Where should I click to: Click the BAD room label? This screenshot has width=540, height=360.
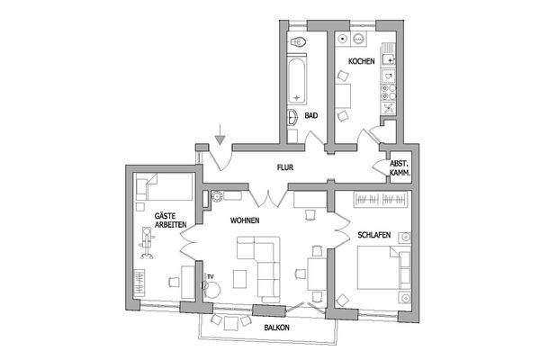click(x=310, y=116)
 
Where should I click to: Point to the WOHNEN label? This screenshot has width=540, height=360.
click(x=245, y=220)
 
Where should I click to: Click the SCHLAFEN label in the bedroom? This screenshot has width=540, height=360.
click(x=373, y=234)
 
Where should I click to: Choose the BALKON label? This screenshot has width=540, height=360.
click(x=277, y=328)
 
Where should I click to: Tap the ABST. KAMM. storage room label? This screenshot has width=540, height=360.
click(x=400, y=168)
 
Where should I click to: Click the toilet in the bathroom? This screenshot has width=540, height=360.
click(x=298, y=43)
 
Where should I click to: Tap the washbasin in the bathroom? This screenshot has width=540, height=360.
click(x=294, y=117)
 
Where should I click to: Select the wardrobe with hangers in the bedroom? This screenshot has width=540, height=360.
click(x=382, y=199)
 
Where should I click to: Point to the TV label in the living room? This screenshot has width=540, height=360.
click(x=211, y=276)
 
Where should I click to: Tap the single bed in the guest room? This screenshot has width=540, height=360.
click(x=164, y=188)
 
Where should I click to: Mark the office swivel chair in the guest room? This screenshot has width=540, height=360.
click(x=147, y=240)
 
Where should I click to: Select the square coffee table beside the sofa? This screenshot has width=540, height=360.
click(x=240, y=276)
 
